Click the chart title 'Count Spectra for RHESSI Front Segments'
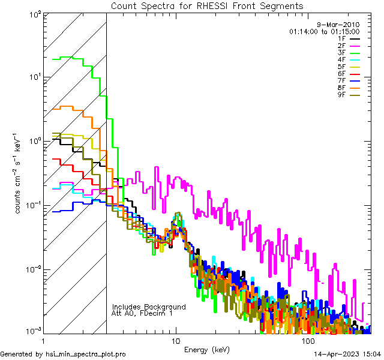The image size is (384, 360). pos(207,5)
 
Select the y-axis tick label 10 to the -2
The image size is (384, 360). pos(32,269)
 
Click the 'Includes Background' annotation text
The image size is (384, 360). pos(149,307)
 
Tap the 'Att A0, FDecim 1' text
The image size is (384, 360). pos(142,313)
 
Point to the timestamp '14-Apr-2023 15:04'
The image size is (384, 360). pos(349,355)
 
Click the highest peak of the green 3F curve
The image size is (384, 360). pos(73,57)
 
